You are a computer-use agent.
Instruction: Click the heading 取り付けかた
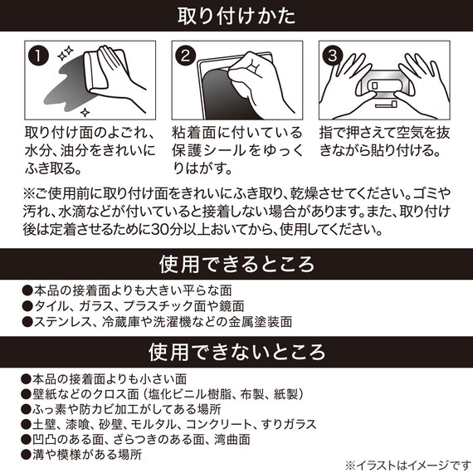[236, 16]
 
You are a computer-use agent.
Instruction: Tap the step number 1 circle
[37, 57]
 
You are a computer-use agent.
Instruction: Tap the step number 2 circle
[186, 57]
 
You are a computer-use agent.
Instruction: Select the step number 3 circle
[333, 57]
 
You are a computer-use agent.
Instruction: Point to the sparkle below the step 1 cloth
[85, 110]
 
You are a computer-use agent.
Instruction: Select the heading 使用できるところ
[236, 264]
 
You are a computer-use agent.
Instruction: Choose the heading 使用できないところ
[236, 352]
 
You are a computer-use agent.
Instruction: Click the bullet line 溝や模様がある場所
[83, 455]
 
